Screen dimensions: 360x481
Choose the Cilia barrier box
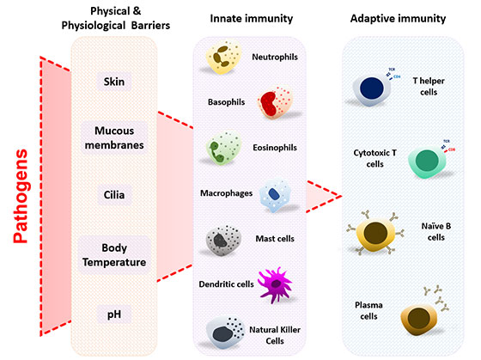tap(115, 195)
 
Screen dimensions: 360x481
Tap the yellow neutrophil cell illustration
tap(227, 58)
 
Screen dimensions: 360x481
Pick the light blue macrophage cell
tap(277, 193)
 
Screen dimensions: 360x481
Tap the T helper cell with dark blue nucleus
tap(372, 89)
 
